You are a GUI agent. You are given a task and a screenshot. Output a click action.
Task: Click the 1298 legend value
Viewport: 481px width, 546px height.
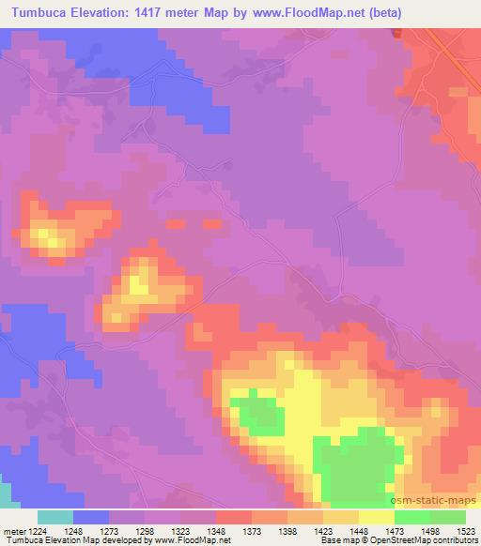point(145,531)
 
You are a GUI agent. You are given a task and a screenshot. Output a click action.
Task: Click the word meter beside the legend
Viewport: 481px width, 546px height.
point(12,531)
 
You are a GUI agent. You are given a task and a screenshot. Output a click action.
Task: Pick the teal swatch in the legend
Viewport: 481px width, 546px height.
point(54,517)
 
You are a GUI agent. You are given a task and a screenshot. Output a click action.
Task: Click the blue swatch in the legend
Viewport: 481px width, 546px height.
point(90,517)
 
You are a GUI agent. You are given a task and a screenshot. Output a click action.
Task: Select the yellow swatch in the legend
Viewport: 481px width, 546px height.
point(376,517)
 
